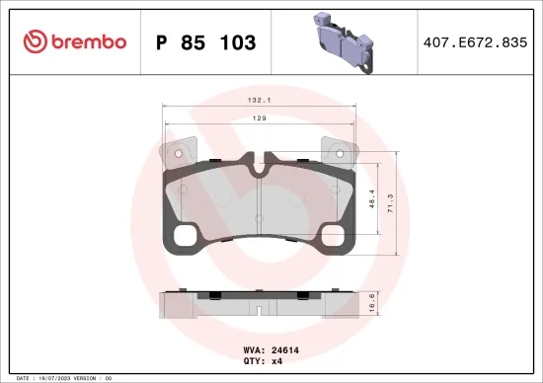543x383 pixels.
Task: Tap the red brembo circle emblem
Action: click(x=37, y=41)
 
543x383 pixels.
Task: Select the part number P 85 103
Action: click(x=206, y=42)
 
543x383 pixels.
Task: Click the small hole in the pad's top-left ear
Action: click(x=176, y=153)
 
